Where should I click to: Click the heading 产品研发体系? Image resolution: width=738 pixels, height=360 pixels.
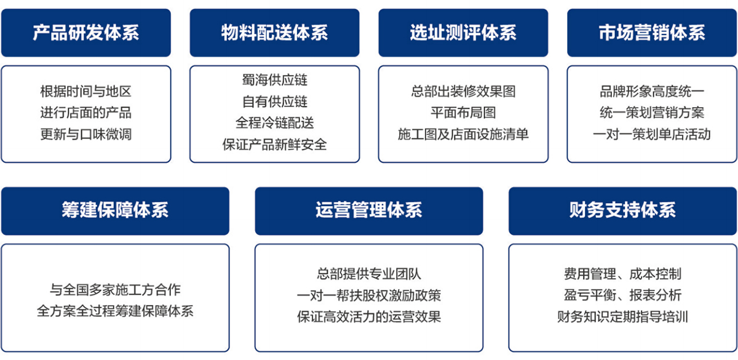coord(86,33)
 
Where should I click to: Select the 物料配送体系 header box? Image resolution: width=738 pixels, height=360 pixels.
coord(274,33)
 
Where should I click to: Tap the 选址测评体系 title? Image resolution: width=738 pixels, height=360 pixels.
coord(463,33)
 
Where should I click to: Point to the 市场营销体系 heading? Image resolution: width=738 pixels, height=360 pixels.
coord(652,33)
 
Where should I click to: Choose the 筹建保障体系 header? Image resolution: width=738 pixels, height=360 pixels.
coord(115,210)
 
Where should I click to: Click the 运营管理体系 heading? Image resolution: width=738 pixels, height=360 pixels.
coord(368,210)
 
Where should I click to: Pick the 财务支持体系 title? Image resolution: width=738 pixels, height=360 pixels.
coord(622,210)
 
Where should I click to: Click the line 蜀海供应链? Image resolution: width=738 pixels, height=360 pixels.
coord(274,80)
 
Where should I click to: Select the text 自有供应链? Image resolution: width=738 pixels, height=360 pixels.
coord(274,102)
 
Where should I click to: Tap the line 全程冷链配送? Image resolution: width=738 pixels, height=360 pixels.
coord(274,123)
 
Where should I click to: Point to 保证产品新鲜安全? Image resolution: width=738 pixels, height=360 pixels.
coord(274,145)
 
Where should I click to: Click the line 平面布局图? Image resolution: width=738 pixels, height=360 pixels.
coord(463,113)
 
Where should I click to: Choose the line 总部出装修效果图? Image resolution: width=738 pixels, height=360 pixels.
coord(463,91)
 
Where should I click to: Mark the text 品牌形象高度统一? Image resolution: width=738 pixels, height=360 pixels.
coord(652,91)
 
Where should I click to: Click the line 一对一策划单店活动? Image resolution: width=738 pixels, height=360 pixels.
coord(652,134)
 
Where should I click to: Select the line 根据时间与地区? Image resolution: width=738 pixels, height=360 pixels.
coord(86,91)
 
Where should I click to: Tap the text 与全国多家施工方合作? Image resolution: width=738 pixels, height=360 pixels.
coord(115,290)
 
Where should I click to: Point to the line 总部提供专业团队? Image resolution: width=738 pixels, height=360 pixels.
coord(368,274)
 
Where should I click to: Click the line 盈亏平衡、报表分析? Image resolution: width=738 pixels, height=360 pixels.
coord(622,295)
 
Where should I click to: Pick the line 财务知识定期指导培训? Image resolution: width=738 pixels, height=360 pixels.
coord(622,316)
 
